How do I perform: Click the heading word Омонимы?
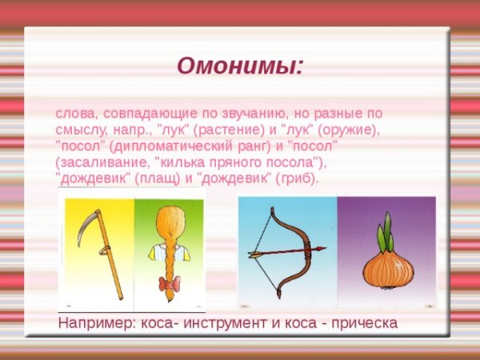click(240, 65)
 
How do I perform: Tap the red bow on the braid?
click(168, 283)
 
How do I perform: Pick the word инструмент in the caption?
click(219, 322)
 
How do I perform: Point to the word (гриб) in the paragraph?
click(298, 178)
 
